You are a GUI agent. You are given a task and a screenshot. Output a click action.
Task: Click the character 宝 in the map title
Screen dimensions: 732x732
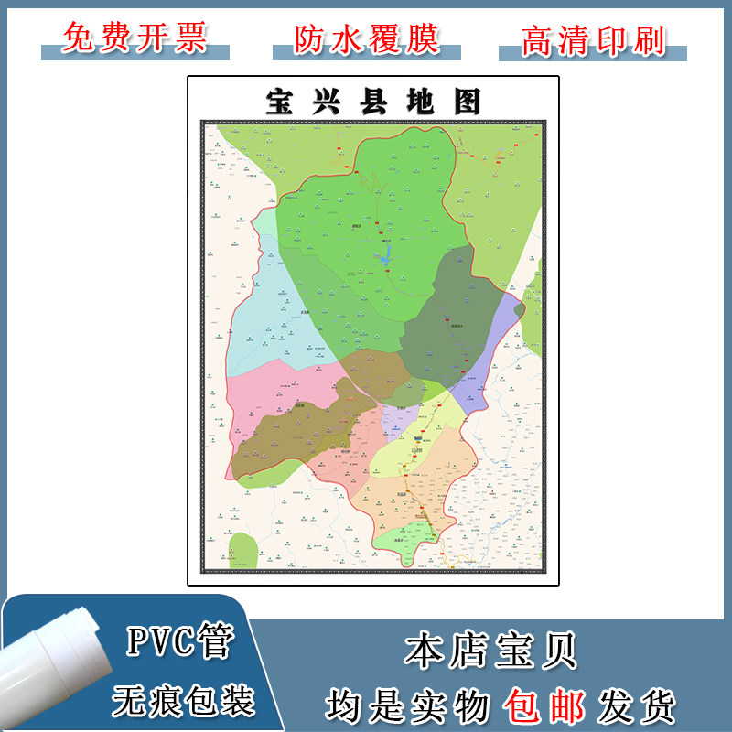(x=278, y=102)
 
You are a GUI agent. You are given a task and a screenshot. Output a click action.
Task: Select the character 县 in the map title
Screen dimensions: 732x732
(x=372, y=102)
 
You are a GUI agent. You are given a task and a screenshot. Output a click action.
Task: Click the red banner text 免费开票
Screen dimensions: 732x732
(x=135, y=38)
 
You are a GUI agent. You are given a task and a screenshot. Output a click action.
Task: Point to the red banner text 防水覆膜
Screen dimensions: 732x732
(x=367, y=38)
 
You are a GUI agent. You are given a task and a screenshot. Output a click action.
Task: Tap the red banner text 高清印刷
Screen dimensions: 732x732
(x=593, y=39)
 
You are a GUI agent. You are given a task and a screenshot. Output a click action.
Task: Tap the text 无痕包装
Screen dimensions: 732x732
(x=183, y=700)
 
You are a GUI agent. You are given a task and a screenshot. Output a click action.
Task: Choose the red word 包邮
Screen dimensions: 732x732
(x=546, y=705)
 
